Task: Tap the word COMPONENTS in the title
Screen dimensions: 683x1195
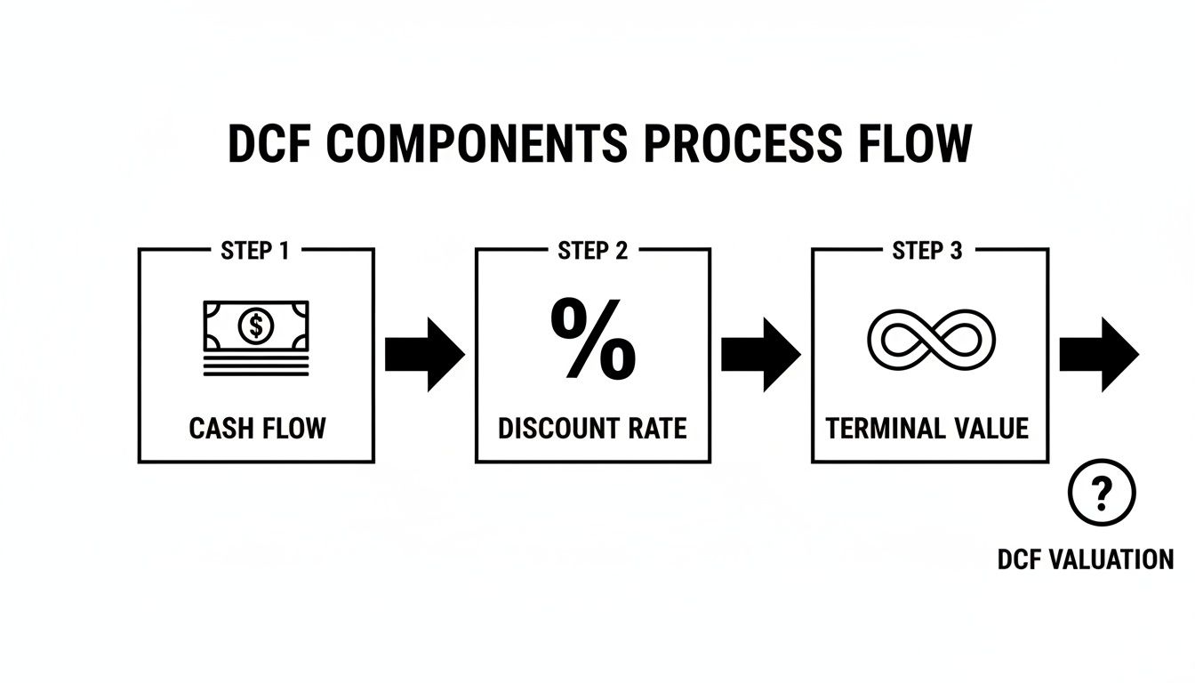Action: pos(477,144)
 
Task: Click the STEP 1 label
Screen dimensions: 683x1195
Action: pos(254,251)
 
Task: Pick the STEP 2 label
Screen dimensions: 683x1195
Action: pos(592,251)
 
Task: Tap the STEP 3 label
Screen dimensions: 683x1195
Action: pos(927,251)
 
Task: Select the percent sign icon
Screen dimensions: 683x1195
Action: pos(593,339)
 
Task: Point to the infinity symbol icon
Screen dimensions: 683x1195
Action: pos(930,341)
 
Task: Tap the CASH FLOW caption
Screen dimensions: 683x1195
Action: pos(257,429)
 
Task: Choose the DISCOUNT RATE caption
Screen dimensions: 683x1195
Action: pos(592,429)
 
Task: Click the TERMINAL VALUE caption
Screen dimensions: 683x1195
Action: pos(927,429)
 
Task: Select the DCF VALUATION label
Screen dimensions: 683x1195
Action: pos(1086,559)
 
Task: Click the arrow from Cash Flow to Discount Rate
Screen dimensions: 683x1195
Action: pos(424,354)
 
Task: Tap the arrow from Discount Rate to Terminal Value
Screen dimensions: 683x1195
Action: pos(760,354)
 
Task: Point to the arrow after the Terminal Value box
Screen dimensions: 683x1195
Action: pos(1098,354)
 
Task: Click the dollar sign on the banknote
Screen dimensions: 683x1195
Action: pos(256,326)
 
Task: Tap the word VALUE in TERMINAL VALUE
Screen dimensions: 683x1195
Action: pos(991,429)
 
